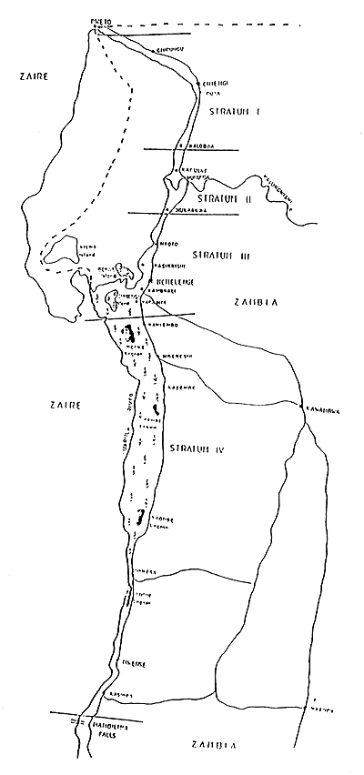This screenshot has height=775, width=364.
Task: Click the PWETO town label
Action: [x=100, y=19]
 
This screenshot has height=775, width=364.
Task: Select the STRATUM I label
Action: [x=235, y=111]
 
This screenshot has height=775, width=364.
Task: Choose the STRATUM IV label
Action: [x=192, y=449]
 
